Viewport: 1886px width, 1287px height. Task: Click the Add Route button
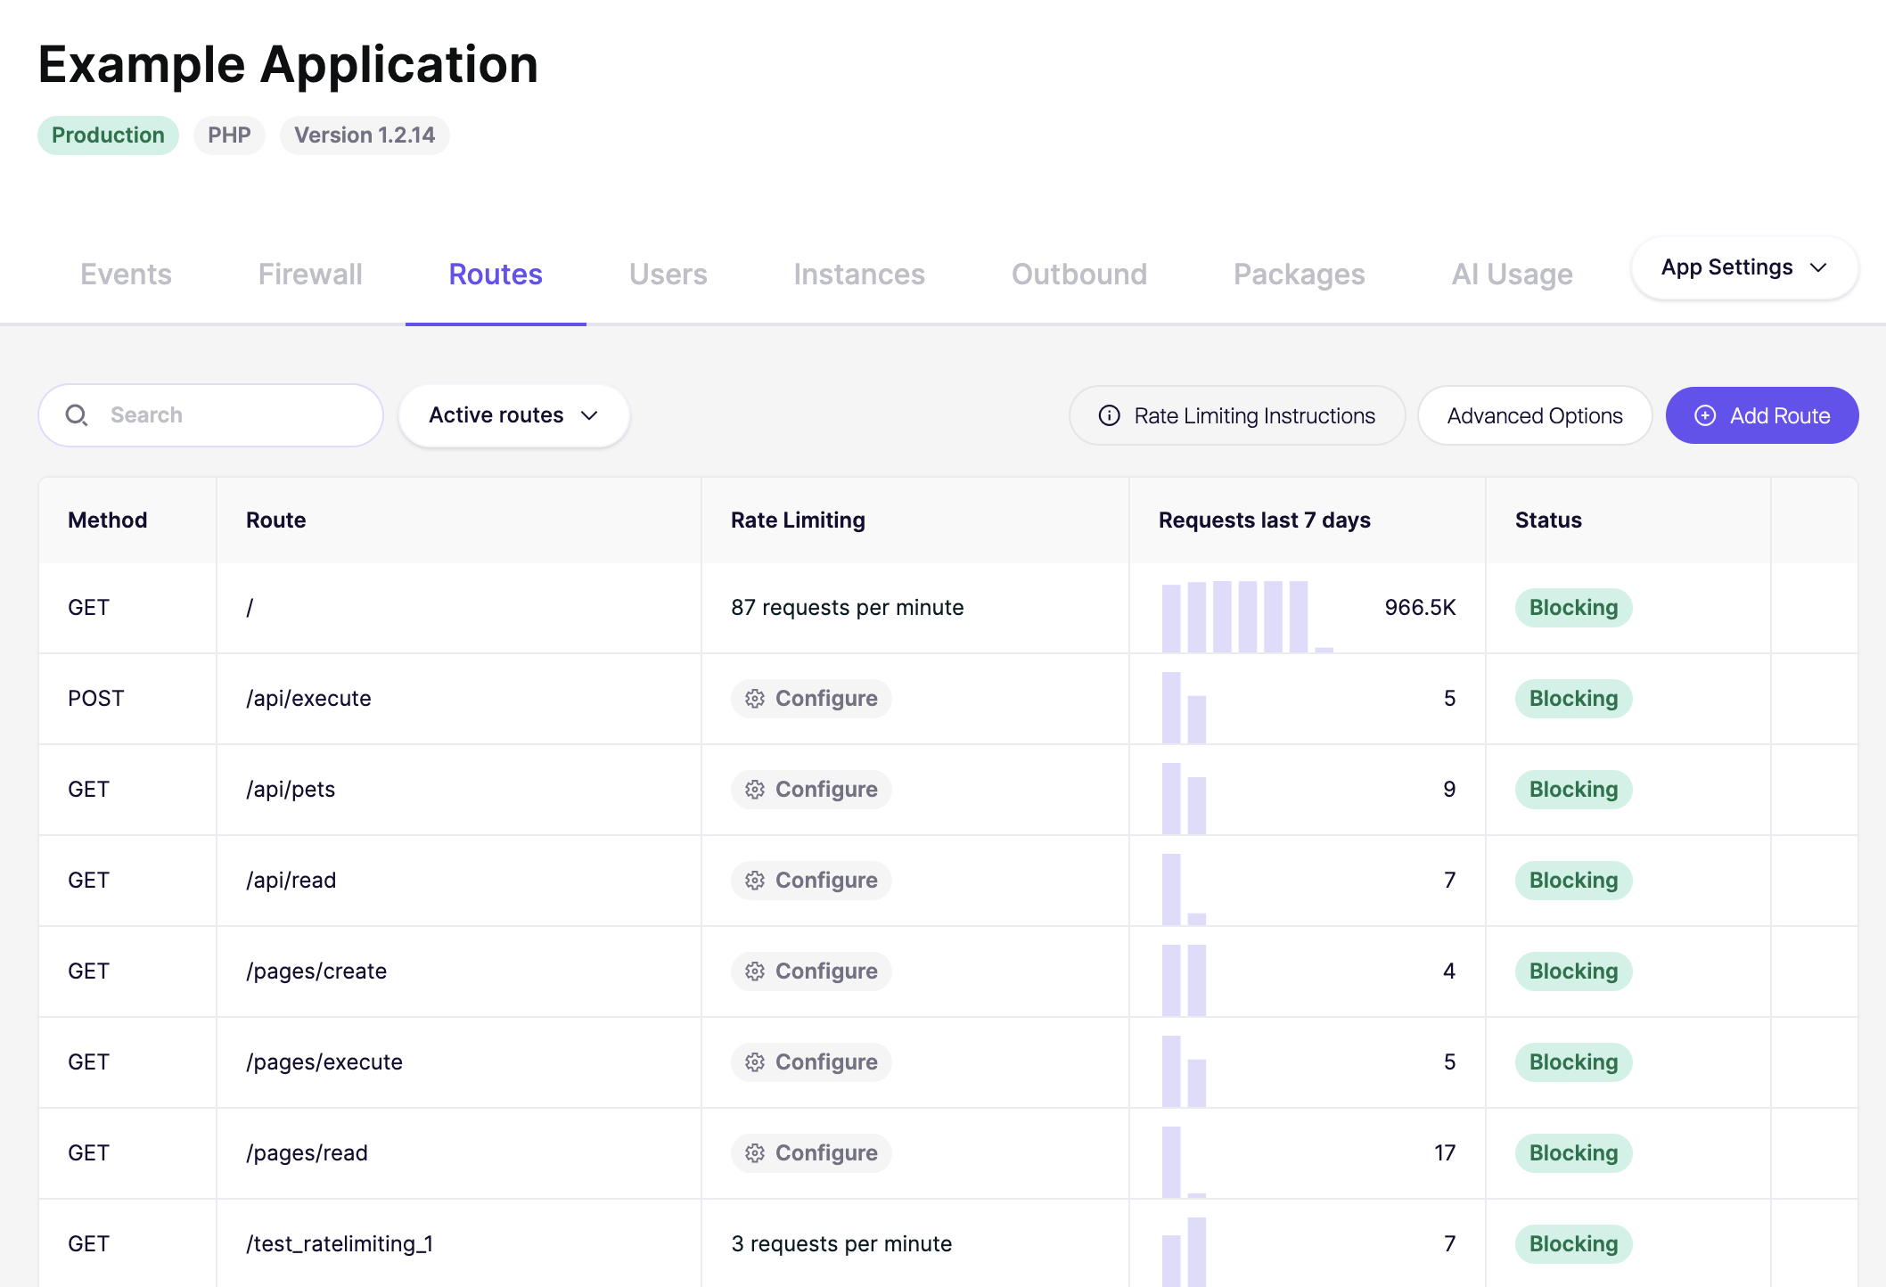pos(1761,415)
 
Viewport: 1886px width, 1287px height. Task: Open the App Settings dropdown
pos(1744,267)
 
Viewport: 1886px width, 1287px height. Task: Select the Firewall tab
pos(310,275)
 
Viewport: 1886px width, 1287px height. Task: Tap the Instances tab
pos(859,275)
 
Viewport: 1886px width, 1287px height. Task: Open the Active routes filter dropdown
pos(513,415)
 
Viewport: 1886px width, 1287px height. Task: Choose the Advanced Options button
pos(1535,415)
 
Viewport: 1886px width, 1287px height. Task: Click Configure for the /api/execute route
pos(811,699)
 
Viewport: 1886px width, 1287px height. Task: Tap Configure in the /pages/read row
pos(811,1153)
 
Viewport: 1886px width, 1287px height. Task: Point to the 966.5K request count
pos(1420,608)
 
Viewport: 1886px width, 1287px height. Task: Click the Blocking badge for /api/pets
pos(1573,790)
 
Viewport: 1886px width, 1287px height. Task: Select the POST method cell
pos(96,699)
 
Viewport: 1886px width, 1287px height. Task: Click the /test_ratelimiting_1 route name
pos(340,1244)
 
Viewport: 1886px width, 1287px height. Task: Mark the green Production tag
pos(108,135)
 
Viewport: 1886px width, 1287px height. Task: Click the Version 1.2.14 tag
pos(365,135)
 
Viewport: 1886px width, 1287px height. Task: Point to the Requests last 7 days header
pos(1264,521)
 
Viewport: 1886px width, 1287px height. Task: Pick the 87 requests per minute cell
pos(847,608)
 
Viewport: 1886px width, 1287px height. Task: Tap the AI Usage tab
pos(1512,275)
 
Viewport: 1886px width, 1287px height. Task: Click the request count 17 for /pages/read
pos(1445,1153)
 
